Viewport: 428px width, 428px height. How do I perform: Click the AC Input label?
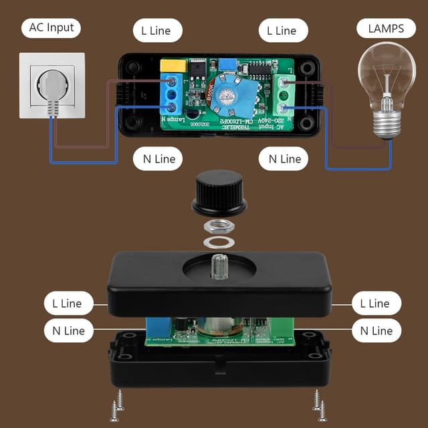coord(51,28)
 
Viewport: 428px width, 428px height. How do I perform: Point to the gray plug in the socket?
coord(52,90)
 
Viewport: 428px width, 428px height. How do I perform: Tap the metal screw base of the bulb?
coord(387,121)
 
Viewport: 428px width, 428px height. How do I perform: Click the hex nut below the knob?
coord(217,227)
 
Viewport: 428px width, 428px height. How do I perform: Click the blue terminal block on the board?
coord(172,94)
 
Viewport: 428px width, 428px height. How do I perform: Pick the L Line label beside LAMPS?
coord(282,30)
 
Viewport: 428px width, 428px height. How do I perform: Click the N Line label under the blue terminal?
coord(156,159)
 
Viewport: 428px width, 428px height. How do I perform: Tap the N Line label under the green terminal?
coord(284,159)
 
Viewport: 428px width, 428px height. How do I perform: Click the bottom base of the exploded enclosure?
coord(219,364)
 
